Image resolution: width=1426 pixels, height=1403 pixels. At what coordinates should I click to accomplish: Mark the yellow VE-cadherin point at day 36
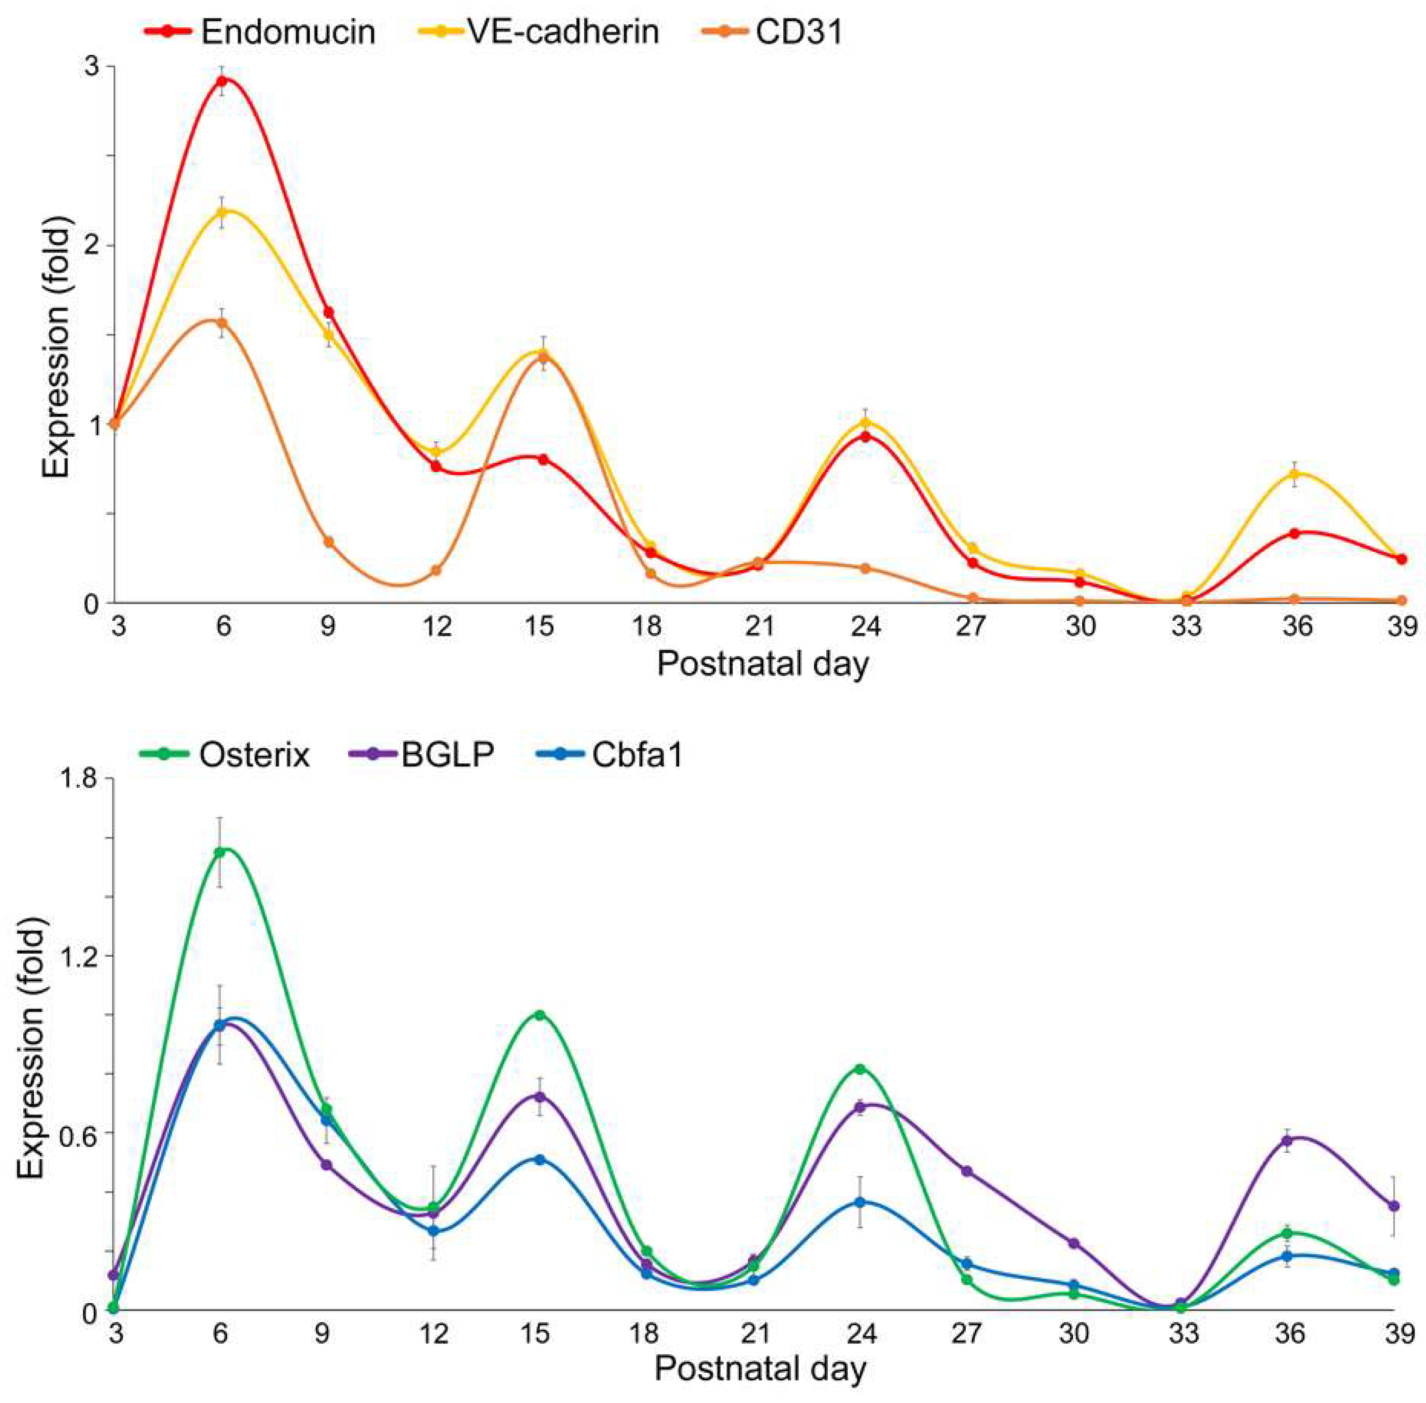(x=1294, y=474)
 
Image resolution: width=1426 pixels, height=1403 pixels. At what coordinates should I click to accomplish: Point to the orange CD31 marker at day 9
(x=329, y=541)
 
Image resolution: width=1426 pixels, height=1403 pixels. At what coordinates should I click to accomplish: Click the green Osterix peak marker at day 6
(x=219, y=852)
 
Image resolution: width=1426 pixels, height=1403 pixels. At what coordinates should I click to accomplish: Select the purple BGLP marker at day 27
(x=967, y=1171)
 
